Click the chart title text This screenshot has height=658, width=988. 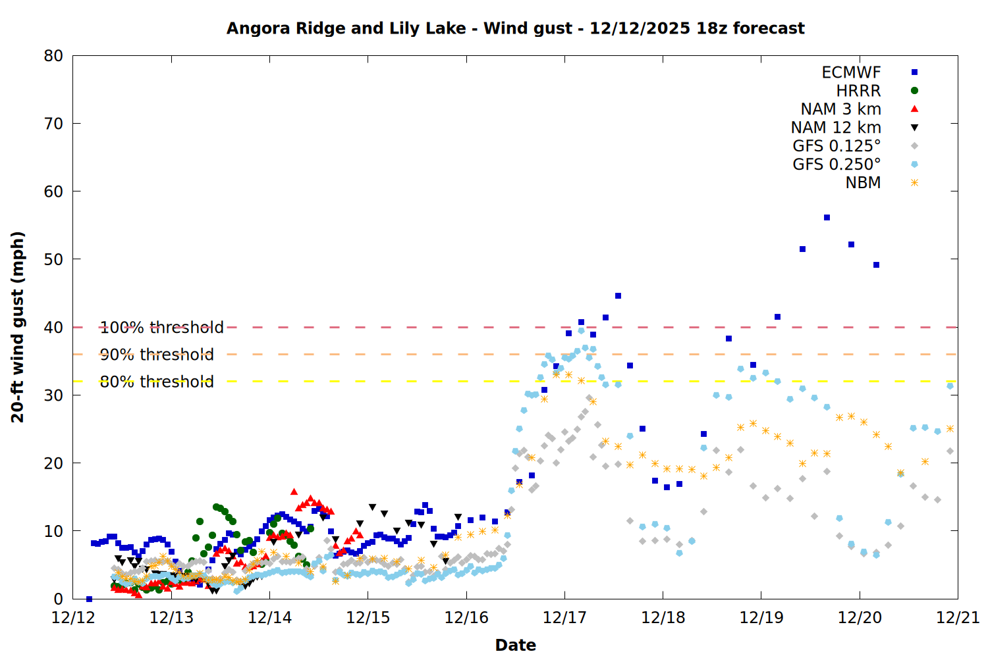(515, 28)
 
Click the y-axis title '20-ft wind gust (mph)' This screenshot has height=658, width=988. (18, 327)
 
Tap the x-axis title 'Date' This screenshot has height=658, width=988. (515, 645)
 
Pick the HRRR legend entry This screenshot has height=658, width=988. (858, 91)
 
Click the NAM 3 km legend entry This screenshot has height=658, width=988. (840, 109)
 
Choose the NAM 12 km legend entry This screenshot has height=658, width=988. (836, 128)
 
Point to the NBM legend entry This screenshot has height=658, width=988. (863, 183)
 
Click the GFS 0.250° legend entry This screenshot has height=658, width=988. (837, 164)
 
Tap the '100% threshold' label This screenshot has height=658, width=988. (161, 327)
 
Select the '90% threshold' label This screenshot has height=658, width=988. (157, 355)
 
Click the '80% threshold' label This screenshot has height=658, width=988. (157, 382)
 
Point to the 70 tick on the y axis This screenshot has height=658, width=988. (53, 124)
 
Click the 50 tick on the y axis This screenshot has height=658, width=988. (53, 259)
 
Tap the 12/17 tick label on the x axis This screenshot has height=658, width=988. (564, 618)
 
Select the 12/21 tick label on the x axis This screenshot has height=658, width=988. (958, 618)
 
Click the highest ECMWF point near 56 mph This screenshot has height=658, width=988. (827, 217)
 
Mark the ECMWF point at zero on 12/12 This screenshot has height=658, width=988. (89, 599)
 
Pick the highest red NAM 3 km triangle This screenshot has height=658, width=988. (294, 492)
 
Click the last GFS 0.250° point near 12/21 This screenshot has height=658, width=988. (950, 386)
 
